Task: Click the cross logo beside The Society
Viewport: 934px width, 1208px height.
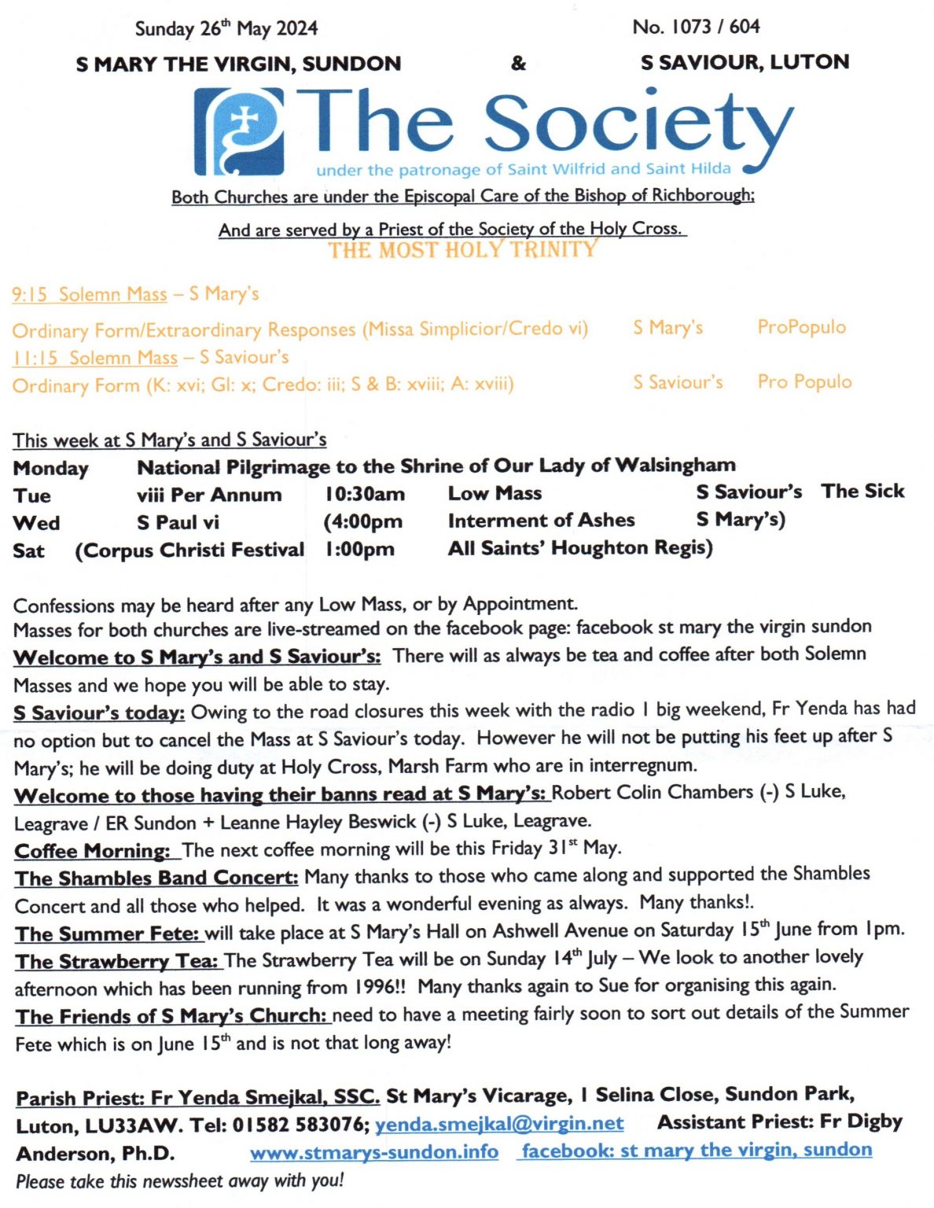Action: click(240, 131)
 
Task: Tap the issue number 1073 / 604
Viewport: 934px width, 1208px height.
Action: click(696, 27)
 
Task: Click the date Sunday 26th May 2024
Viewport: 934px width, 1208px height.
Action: click(226, 29)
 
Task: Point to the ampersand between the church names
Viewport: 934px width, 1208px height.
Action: click(518, 63)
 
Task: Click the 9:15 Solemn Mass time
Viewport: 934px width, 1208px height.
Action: click(30, 295)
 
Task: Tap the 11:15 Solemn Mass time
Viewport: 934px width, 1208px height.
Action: click(35, 358)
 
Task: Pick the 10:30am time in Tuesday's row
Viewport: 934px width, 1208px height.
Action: click(365, 495)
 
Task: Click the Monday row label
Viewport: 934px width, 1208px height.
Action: click(50, 469)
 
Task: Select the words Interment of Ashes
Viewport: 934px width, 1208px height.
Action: click(541, 521)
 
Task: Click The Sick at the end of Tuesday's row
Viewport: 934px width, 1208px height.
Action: click(862, 492)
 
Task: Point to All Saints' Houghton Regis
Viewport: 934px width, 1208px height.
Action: click(580, 548)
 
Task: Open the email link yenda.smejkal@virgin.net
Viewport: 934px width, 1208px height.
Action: click(499, 1124)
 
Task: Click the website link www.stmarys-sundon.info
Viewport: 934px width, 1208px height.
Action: click(374, 1152)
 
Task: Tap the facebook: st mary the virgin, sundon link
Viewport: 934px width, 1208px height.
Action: click(697, 1151)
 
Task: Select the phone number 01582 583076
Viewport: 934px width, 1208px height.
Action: click(300, 1125)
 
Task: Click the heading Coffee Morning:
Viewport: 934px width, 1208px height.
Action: click(93, 851)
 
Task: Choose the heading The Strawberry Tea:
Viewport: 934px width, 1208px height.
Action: click(116, 962)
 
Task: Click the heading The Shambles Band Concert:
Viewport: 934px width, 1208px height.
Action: click(156, 878)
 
